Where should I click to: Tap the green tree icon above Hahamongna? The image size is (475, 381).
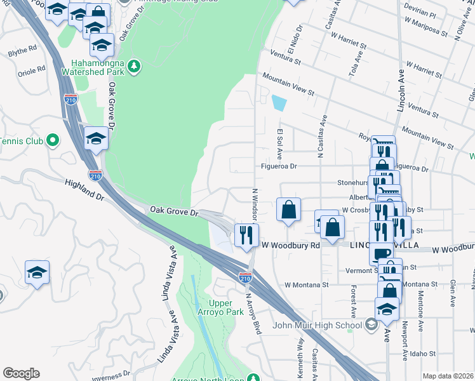(x=133, y=65)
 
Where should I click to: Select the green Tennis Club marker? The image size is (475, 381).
(x=53, y=140)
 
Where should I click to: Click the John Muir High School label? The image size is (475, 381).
(x=316, y=326)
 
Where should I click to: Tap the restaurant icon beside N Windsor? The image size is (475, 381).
(x=244, y=235)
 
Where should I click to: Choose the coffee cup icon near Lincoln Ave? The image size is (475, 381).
(x=381, y=253)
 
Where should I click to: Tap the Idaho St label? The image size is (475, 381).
(x=424, y=353)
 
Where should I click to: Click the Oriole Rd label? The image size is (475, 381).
(x=32, y=69)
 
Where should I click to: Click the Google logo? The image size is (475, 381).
(x=21, y=373)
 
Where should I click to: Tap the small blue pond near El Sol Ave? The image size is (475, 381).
(x=278, y=103)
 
